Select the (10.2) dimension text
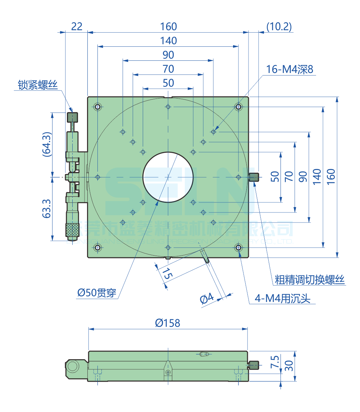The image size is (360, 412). (x=279, y=26)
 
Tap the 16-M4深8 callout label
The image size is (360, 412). (x=290, y=69)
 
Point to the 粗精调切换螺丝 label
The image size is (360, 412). (x=310, y=280)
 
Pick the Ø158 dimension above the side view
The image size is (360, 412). (x=168, y=322)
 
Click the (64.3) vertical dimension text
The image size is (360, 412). (x=47, y=144)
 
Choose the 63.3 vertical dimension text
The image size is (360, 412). (x=47, y=209)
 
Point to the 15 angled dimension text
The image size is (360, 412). (x=167, y=275)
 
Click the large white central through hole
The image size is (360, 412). (x=168, y=177)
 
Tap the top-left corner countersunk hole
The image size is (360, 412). (x=97, y=107)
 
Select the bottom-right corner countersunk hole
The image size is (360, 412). (x=238, y=247)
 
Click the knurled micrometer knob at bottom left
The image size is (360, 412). (x=73, y=230)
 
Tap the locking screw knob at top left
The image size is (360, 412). (x=73, y=117)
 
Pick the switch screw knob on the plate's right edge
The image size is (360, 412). (x=254, y=177)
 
